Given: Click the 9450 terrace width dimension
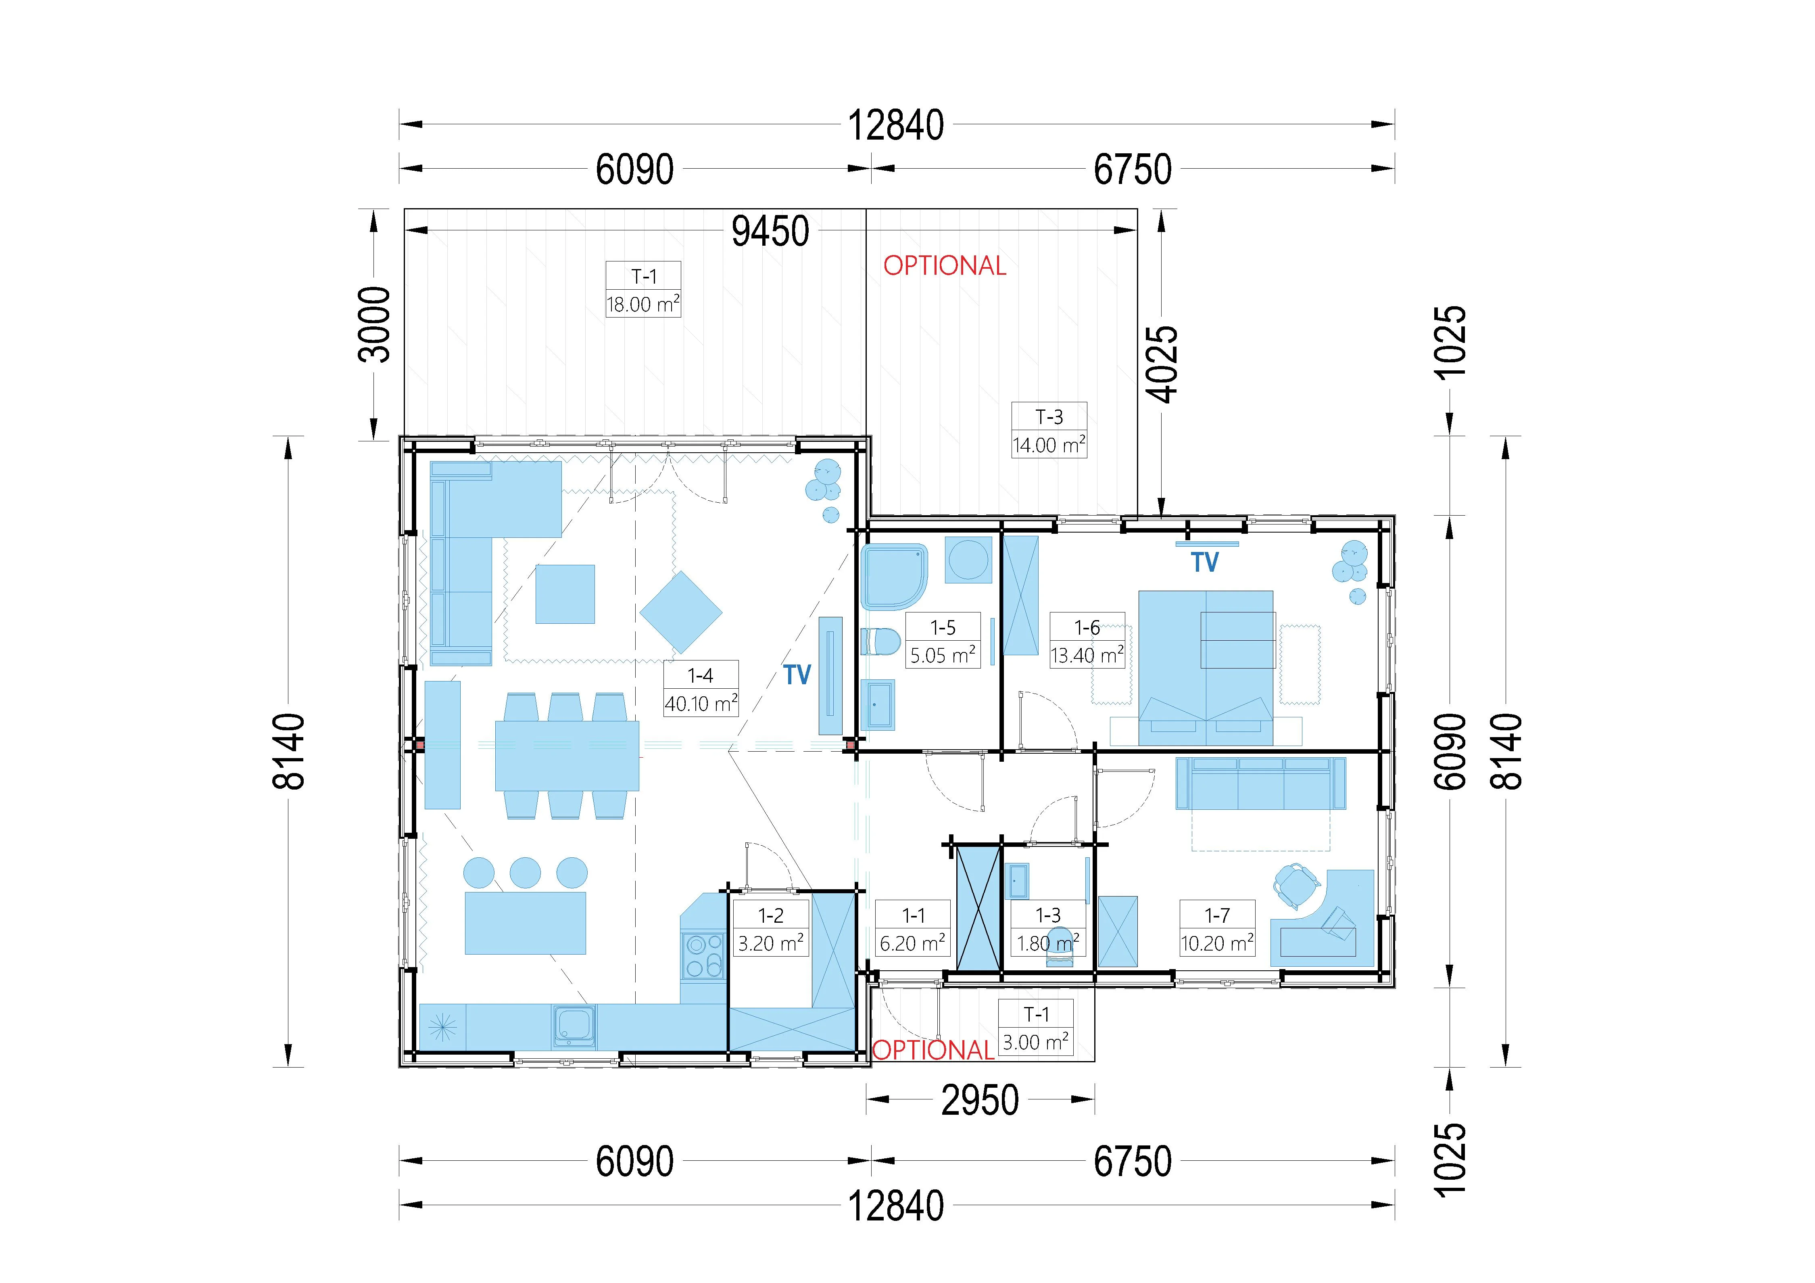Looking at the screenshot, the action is pyautogui.click(x=770, y=232).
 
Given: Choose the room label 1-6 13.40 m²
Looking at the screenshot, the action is pyautogui.click(x=1087, y=641).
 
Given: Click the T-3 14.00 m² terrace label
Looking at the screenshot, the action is pyautogui.click(x=1049, y=431).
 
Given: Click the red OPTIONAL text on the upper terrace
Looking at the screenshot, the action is pyautogui.click(x=945, y=265).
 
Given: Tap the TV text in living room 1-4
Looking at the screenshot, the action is pyautogui.click(x=798, y=674).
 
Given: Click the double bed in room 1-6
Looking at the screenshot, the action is pyautogui.click(x=1206, y=668).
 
